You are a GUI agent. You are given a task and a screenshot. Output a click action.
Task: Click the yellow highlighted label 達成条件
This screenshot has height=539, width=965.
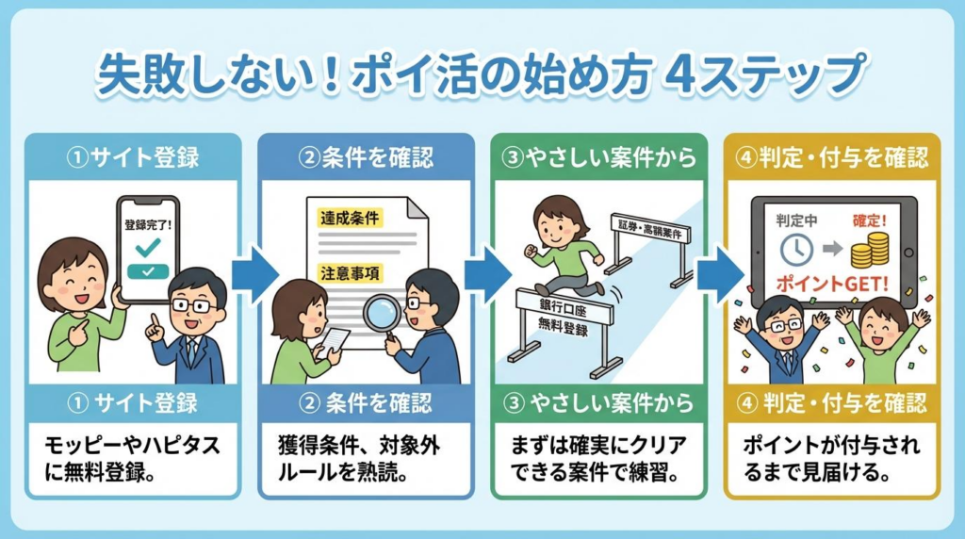click(350, 218)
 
